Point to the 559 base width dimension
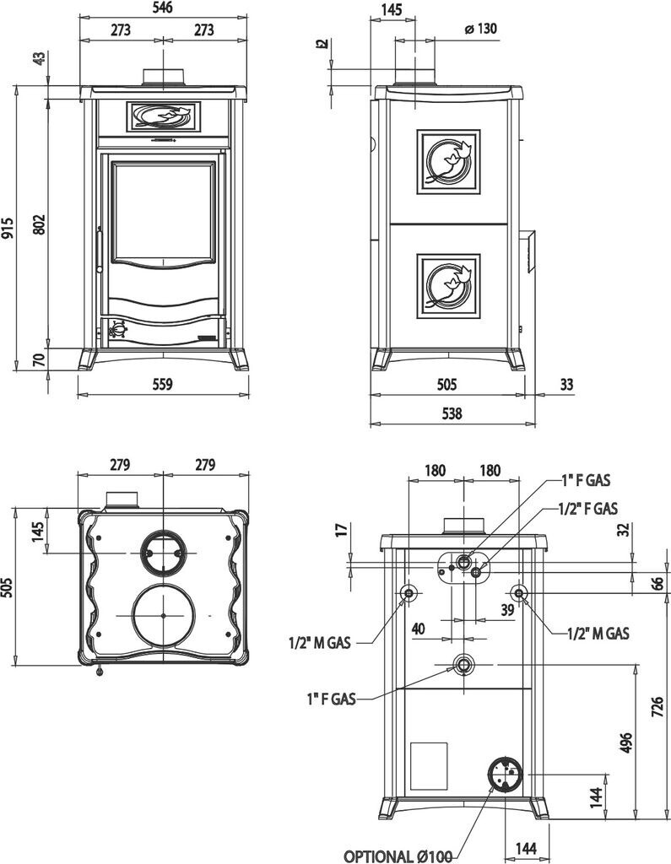click(x=163, y=385)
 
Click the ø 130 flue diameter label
click(x=480, y=29)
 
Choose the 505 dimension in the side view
click(x=447, y=385)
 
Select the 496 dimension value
click(x=625, y=741)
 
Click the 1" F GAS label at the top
click(x=586, y=481)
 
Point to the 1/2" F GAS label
click(x=587, y=509)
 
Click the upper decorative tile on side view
click(x=448, y=161)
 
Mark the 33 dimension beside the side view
click(x=565, y=385)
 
